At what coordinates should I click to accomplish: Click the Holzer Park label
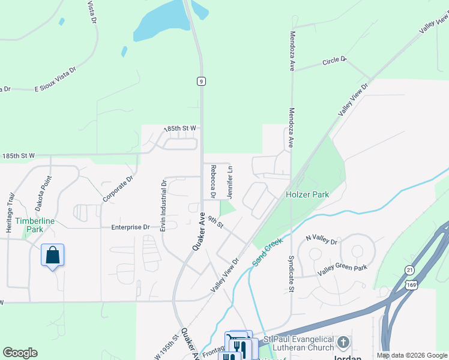[307, 194]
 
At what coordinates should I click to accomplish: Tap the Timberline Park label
[30, 225]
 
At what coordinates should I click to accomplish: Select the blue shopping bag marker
[53, 255]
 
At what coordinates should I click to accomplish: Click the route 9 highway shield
[200, 81]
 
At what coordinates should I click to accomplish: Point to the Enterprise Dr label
[130, 227]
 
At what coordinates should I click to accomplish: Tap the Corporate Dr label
[117, 188]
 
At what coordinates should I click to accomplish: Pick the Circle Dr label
[334, 61]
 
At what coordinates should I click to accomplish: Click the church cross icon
[343, 343]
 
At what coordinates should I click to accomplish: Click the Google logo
[20, 353]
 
